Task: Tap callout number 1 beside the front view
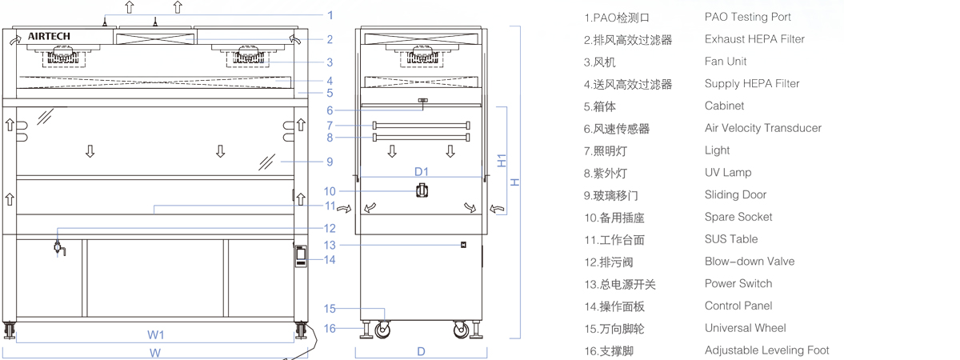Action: pyautogui.click(x=330, y=15)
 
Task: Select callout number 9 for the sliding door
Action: pyautogui.click(x=330, y=162)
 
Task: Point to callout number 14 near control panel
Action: pyautogui.click(x=330, y=259)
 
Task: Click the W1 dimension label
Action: pyautogui.click(x=156, y=334)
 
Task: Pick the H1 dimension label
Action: pyautogui.click(x=502, y=160)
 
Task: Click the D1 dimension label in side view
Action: pyautogui.click(x=422, y=171)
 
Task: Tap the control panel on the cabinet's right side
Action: pyautogui.click(x=301, y=255)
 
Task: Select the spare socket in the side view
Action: pyautogui.click(x=422, y=191)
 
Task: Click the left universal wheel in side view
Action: pyautogui.click(x=382, y=327)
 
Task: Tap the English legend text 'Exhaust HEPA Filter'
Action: pyautogui.click(x=754, y=39)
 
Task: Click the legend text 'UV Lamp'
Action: pyautogui.click(x=728, y=173)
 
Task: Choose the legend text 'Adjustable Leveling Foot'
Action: pyautogui.click(x=766, y=350)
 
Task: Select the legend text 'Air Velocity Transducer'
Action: pyautogui.click(x=762, y=128)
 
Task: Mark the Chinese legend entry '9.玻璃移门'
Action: pyautogui.click(x=611, y=195)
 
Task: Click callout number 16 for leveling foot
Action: pyautogui.click(x=330, y=327)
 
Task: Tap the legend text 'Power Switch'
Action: pyautogui.click(x=738, y=283)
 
